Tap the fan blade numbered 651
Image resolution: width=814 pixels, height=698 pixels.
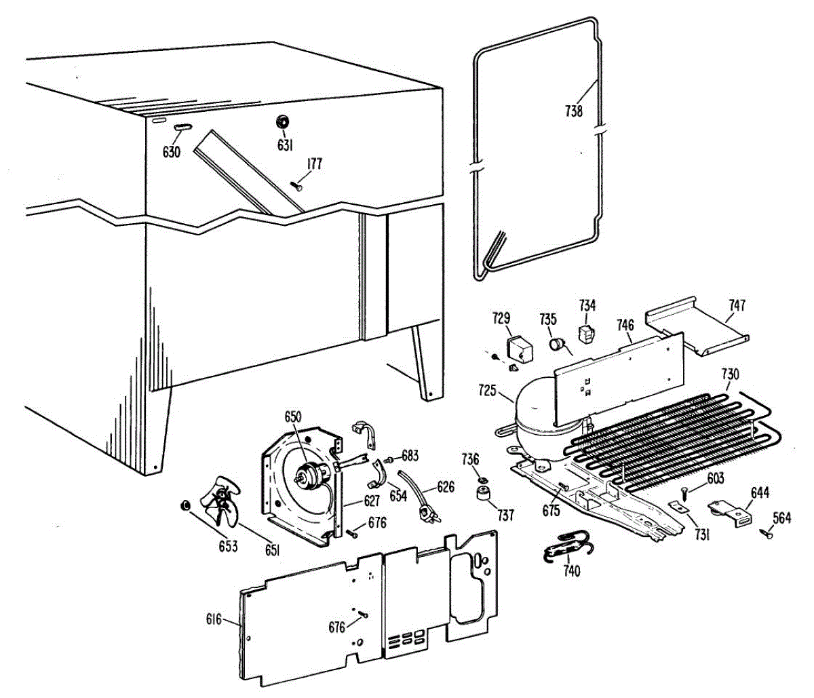[223, 502]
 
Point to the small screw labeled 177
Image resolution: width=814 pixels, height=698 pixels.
[298, 185]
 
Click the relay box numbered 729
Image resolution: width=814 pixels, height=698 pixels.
[520, 348]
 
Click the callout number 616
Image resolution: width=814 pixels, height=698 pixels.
[214, 619]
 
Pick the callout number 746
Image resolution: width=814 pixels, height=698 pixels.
[625, 325]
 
